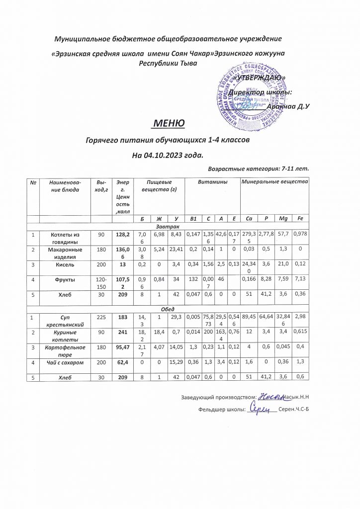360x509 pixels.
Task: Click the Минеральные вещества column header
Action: tap(274, 183)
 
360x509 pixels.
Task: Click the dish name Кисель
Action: tap(63, 265)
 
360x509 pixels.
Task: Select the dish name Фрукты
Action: tap(63, 282)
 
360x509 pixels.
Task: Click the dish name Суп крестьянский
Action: tap(63, 318)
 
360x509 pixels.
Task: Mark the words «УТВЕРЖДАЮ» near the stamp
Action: tap(259, 78)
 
